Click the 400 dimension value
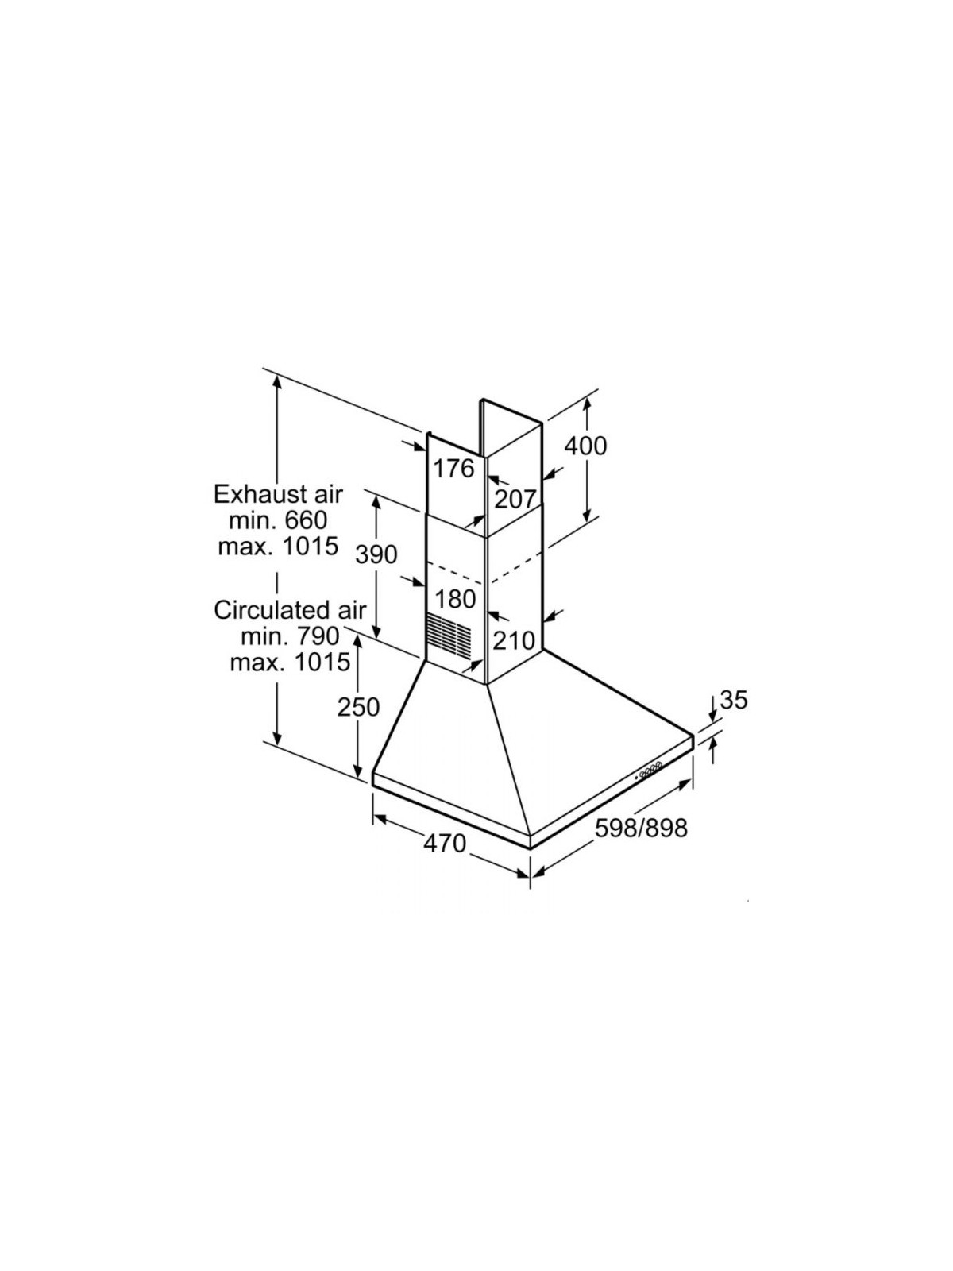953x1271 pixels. pos(585,446)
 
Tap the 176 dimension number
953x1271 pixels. pos(453,469)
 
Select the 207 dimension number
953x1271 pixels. pos(515,499)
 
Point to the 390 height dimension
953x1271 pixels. pos(376,554)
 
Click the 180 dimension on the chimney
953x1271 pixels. pos(455,599)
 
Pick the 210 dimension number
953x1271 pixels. pos(514,640)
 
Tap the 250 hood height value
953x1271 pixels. pos(358,707)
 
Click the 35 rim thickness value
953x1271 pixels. pos(734,700)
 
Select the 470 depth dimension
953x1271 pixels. pos(445,844)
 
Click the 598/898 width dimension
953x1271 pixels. pos(641,828)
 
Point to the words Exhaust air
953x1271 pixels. pos(278,495)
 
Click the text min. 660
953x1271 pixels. pos(278,520)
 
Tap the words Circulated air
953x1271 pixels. pos(290,610)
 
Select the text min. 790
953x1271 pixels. pos(290,636)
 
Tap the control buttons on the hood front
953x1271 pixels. pos(650,771)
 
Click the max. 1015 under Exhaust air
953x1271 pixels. pos(278,546)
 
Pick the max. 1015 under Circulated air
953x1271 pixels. pos(290,662)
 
